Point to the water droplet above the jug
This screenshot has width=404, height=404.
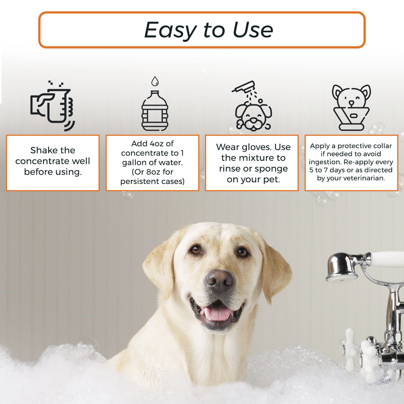[x=155, y=81]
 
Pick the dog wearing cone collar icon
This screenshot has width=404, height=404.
[x=351, y=108]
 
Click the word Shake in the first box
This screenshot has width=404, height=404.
[x=41, y=150]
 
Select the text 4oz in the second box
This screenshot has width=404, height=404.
[x=156, y=144]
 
